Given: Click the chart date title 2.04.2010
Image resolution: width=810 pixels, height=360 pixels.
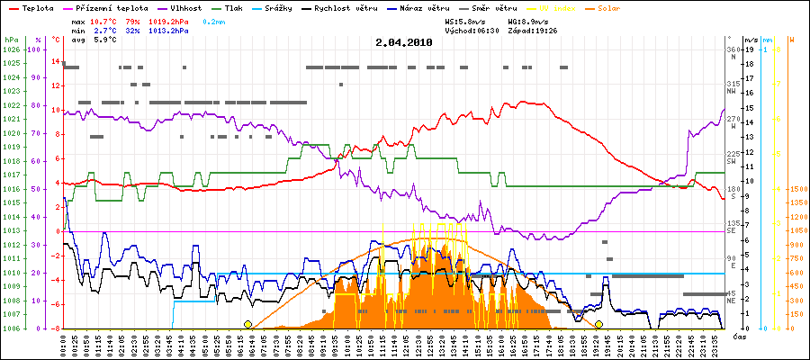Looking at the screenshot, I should click(404, 42).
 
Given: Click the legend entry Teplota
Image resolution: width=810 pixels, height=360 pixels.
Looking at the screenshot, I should click(36, 8).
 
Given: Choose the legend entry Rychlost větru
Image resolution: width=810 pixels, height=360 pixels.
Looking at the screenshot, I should click(352, 8).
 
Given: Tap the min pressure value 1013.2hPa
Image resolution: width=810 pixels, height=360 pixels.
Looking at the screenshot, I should click(169, 30).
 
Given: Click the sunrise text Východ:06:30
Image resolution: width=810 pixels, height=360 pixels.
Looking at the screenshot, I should click(472, 30).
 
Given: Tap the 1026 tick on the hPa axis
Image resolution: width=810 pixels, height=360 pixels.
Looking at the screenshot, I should click(11, 49).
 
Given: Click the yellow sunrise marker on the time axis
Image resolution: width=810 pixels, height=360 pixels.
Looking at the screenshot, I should click(247, 324).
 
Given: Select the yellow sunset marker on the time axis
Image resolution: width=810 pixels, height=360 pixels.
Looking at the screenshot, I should click(598, 324).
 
